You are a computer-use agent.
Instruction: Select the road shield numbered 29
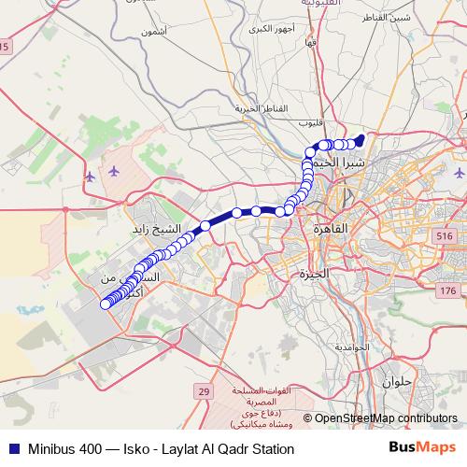pyautogui.click(x=204, y=391)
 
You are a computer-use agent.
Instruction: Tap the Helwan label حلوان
pyautogui.click(x=396, y=381)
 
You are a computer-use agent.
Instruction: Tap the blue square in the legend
pyautogui.click(x=13, y=448)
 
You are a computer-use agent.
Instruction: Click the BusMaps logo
pyautogui.click(x=421, y=448)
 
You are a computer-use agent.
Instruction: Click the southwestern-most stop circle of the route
pyautogui.click(x=106, y=303)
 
